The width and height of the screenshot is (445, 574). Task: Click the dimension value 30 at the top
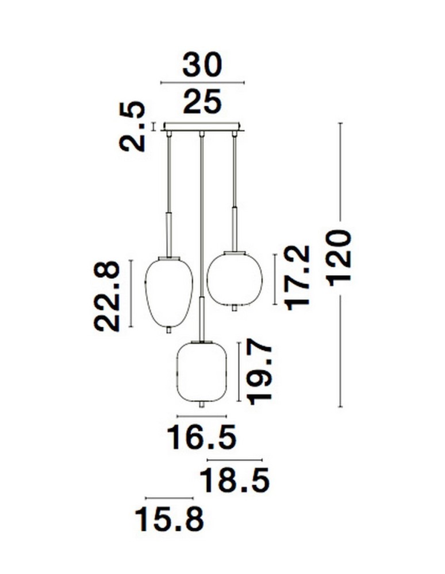(x=202, y=66)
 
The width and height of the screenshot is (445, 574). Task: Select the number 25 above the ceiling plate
(x=202, y=103)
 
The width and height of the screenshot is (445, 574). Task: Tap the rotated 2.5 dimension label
(x=132, y=126)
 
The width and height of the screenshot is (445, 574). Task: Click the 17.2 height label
(x=298, y=277)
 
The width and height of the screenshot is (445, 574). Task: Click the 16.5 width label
(x=202, y=438)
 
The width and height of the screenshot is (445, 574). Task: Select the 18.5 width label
(x=235, y=481)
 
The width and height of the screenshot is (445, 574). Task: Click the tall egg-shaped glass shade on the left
(x=168, y=293)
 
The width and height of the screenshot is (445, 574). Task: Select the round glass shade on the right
(x=234, y=278)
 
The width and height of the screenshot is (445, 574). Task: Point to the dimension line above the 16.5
(x=202, y=416)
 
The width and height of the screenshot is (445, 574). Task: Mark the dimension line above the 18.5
(x=235, y=460)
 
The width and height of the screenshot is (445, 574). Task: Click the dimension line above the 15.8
(x=170, y=498)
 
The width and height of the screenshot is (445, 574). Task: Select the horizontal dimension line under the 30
(x=202, y=83)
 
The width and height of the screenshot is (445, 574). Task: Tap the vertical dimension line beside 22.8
(x=132, y=293)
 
